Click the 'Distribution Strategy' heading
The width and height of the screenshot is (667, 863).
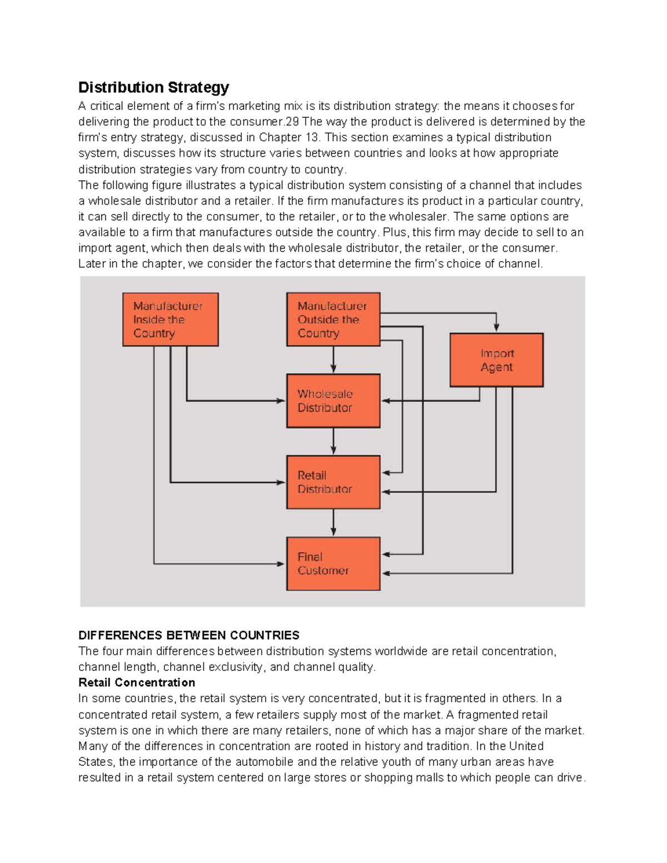[x=153, y=87]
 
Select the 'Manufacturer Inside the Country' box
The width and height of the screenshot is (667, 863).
[x=170, y=320]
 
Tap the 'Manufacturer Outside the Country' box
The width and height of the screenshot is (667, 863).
[x=333, y=320]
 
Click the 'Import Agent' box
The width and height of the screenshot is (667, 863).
[x=496, y=360]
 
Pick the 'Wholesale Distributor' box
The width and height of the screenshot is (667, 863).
[x=333, y=401]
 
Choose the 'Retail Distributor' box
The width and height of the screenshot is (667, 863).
[x=333, y=482]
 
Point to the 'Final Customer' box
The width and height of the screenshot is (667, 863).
[x=333, y=563]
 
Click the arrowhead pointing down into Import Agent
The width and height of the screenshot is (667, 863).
[x=496, y=328]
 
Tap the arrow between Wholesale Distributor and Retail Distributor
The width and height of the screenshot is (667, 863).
[x=333, y=442]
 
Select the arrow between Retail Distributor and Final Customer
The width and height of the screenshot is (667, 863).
[x=333, y=523]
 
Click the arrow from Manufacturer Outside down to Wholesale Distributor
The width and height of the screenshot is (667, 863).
[x=333, y=360]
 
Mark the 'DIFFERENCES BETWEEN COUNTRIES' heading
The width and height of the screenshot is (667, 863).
[x=188, y=635]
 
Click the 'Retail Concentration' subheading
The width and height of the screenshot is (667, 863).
[x=137, y=682]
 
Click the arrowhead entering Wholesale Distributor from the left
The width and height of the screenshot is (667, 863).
[x=281, y=401]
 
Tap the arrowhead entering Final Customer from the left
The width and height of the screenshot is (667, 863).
[x=281, y=564]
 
